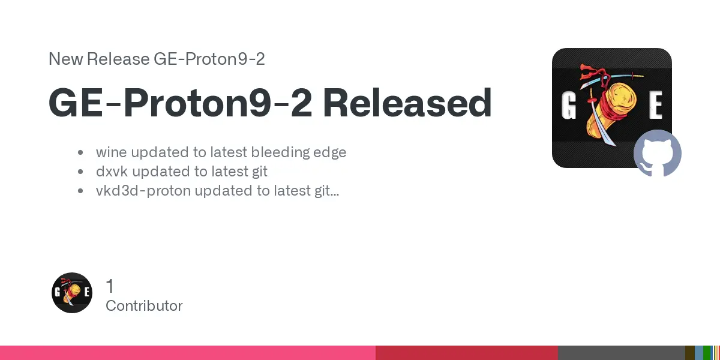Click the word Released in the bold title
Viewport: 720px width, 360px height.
pos(407,103)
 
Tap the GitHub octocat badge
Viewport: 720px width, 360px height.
pos(658,154)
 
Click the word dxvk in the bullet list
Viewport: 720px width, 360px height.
pos(112,172)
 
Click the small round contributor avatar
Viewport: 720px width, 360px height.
pos(72,293)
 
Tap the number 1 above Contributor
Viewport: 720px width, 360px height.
pos(110,286)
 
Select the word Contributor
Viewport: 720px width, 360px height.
pos(144,305)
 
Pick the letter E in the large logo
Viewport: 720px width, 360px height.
pos(656,104)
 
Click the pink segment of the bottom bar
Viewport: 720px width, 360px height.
pos(188,353)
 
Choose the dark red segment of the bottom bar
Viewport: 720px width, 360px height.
pos(467,353)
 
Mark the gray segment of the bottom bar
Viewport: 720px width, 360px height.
pos(622,353)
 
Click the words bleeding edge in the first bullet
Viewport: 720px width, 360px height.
pos(299,152)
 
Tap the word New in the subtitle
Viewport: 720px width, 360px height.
pos(66,59)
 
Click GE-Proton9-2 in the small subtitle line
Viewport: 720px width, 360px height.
pos(209,59)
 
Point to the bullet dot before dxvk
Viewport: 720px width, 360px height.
pos(80,172)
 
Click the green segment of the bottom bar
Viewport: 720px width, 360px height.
pos(707,353)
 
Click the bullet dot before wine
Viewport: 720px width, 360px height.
pos(80,152)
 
